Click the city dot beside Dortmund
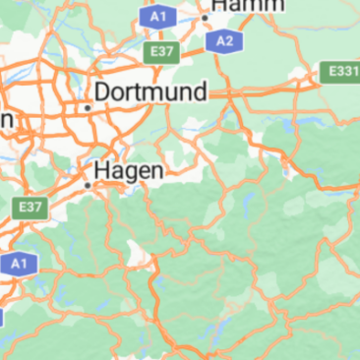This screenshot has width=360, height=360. click(88, 107)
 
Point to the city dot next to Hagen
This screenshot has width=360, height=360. click(88, 185)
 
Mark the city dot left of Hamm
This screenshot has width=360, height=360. click(206, 17)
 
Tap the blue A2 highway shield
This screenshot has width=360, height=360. click(225, 40)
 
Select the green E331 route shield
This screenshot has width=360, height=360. click(341, 72)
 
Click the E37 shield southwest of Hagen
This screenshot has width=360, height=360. click(30, 208)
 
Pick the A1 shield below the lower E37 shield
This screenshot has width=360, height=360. click(16, 264)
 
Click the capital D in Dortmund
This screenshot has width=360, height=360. click(103, 93)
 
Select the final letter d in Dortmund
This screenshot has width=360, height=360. click(201, 93)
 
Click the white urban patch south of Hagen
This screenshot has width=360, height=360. click(148, 260)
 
